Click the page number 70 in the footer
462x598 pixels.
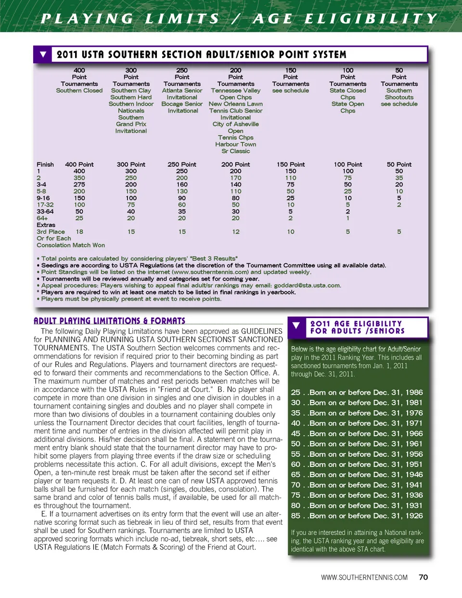click(x=423, y=577)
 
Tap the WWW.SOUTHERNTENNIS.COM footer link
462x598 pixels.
click(x=364, y=577)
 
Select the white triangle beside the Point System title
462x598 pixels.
click(x=43, y=54)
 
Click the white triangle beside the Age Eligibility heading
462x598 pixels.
click(x=296, y=326)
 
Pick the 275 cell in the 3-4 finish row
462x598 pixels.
click(x=79, y=185)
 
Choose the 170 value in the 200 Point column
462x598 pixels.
click(x=235, y=178)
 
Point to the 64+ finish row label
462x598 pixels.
click(x=42, y=218)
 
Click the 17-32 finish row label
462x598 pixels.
click(x=45, y=205)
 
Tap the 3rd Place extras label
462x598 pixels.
click(x=51, y=232)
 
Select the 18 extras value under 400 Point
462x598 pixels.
click(x=79, y=232)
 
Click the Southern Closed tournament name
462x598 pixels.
click(x=79, y=91)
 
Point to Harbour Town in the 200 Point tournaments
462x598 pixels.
click(x=235, y=145)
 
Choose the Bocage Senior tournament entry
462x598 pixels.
click(x=182, y=104)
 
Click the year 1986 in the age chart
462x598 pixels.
click(x=413, y=393)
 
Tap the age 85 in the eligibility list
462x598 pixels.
click(x=295, y=516)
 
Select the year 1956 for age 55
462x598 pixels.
click(x=413, y=454)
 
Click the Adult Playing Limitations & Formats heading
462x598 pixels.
click(x=109, y=321)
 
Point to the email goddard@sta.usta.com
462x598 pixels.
click(x=307, y=286)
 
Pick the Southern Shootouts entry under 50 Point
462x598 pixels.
click(x=399, y=94)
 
